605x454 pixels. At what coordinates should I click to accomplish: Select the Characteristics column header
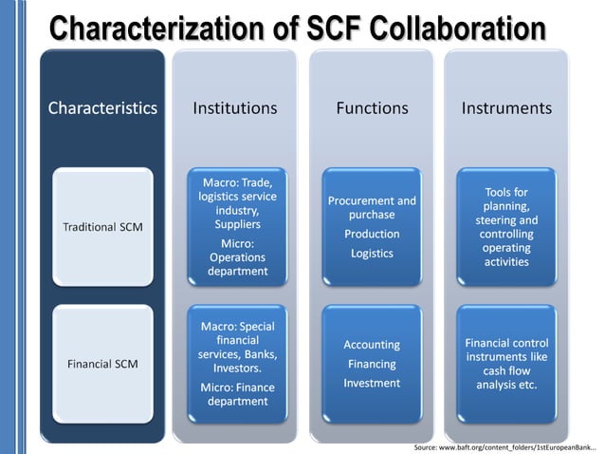[x=102, y=108]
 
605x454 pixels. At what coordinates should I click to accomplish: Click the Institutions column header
[x=235, y=108]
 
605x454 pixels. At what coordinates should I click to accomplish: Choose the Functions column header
[x=372, y=108]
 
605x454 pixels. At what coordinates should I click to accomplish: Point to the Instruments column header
[x=506, y=108]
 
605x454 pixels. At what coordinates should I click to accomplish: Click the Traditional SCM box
[x=102, y=228]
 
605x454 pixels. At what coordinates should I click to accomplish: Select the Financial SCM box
[x=102, y=364]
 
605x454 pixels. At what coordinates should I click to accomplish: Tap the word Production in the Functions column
[x=372, y=234]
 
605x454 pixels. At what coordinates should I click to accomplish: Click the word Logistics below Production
[x=372, y=254]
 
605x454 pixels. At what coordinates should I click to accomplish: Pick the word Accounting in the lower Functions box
[x=372, y=345]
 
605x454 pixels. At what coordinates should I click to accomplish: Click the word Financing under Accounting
[x=372, y=364]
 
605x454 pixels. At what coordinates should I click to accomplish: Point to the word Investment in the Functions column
[x=372, y=383]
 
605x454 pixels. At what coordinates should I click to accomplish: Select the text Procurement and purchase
[x=372, y=208]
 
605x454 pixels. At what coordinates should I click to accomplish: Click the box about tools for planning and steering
[x=506, y=227]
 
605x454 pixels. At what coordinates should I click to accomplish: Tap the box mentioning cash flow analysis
[x=506, y=364]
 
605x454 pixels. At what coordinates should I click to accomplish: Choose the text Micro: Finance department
[x=235, y=394]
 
